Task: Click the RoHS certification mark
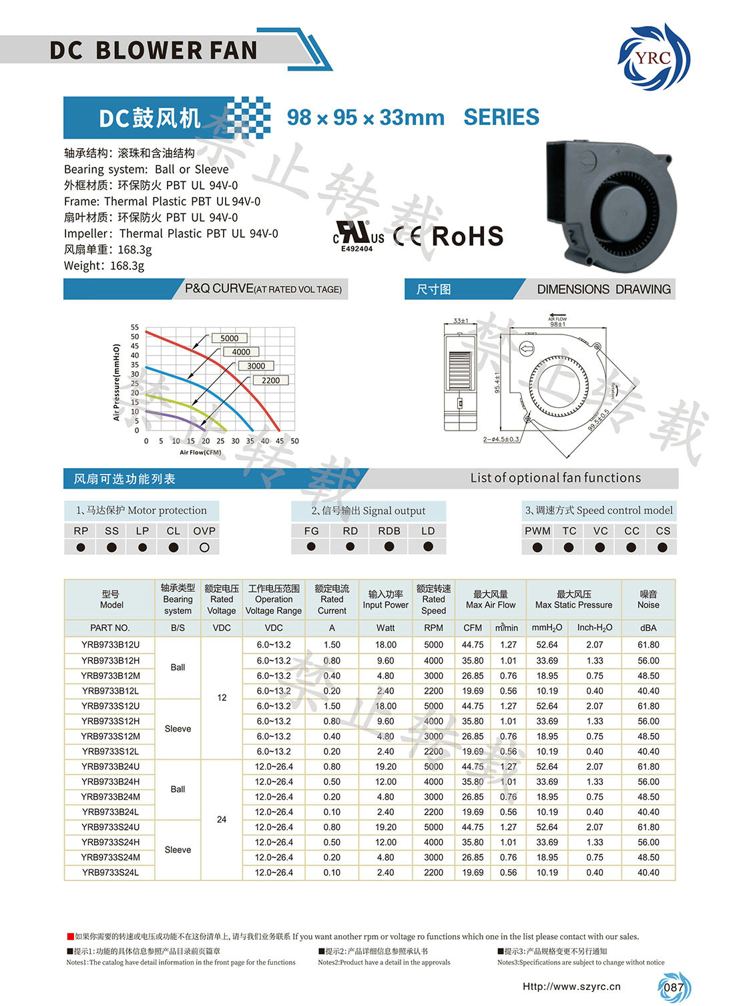click(467, 236)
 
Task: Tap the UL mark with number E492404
click(358, 236)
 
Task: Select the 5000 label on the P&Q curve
click(229, 338)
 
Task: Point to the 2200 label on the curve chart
click(270, 381)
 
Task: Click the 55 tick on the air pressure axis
click(135, 328)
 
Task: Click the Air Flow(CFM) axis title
click(200, 453)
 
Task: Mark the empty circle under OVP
click(204, 547)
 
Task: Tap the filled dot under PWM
click(537, 547)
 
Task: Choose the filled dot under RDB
click(389, 547)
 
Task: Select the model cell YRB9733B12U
click(111, 645)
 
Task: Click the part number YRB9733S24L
click(111, 872)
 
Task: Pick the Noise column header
click(648, 599)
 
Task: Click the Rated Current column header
click(332, 599)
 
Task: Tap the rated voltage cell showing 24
click(222, 819)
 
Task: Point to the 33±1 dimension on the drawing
click(461, 321)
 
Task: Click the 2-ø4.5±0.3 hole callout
click(501, 439)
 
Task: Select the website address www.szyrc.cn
click(571, 987)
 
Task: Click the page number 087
click(674, 987)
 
